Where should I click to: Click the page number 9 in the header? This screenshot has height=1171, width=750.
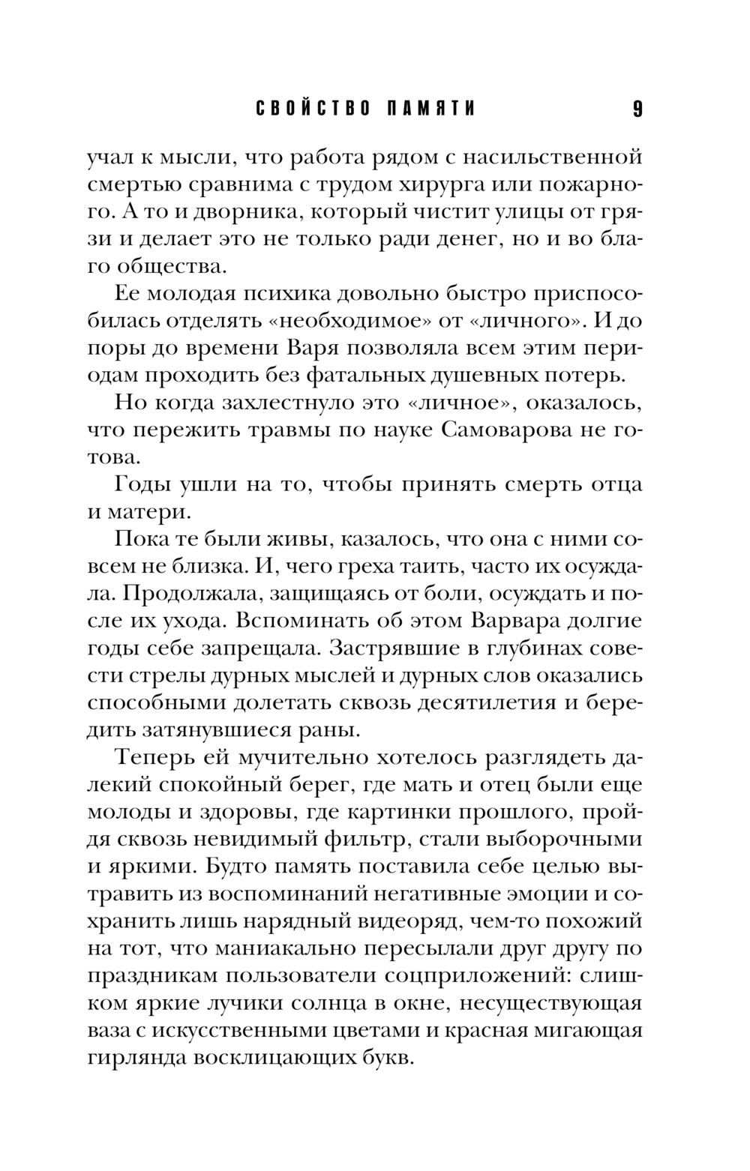tap(637, 110)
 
